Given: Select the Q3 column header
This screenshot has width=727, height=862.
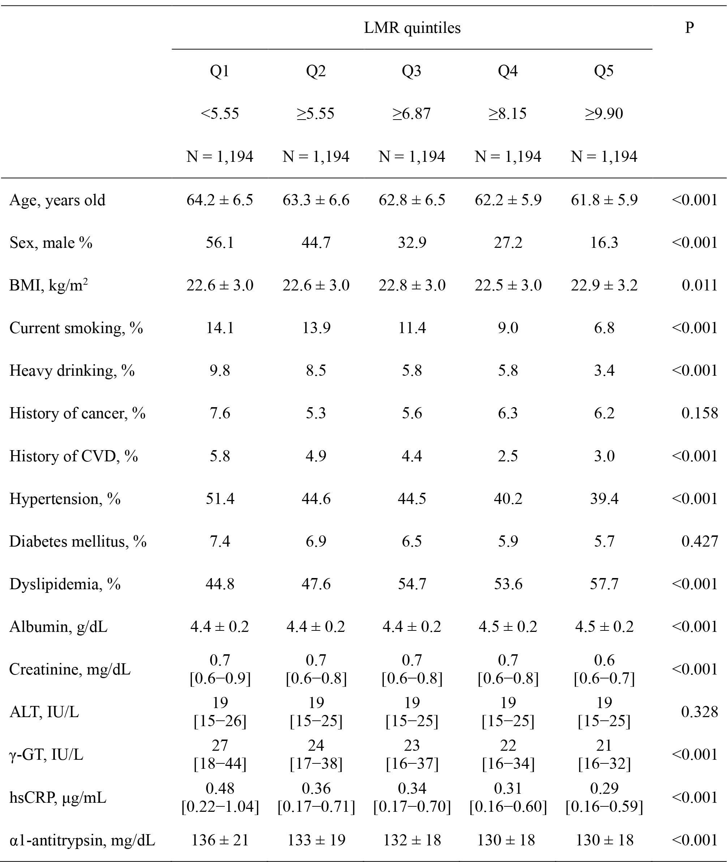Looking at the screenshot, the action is click(x=412, y=71).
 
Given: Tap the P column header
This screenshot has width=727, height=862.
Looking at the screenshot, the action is click(x=689, y=27).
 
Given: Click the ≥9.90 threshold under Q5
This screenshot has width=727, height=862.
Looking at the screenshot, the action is click(x=604, y=113).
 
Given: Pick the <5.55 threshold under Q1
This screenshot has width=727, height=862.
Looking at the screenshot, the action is click(x=220, y=113).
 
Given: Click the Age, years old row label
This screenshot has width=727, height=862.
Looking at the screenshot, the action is click(x=57, y=200).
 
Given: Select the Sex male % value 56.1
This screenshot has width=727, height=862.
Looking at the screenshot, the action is click(x=220, y=243).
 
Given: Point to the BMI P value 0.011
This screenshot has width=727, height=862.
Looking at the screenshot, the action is click(x=700, y=285).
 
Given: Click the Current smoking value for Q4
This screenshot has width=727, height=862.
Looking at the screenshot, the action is click(x=508, y=328).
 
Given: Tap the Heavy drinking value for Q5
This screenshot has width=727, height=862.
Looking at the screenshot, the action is click(x=604, y=370).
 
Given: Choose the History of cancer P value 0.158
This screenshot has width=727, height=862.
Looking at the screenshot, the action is click(x=700, y=413).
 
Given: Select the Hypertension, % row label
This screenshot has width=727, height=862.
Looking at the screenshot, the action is click(x=65, y=499).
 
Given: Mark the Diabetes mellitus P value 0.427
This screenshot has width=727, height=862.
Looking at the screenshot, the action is click(x=700, y=542).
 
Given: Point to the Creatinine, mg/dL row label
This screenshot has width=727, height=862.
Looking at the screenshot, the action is click(x=70, y=669).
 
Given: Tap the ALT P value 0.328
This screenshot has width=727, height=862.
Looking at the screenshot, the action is click(x=700, y=712).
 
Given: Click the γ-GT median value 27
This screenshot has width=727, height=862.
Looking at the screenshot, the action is click(x=220, y=745).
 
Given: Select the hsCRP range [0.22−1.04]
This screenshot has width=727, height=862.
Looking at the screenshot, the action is click(x=220, y=807).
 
